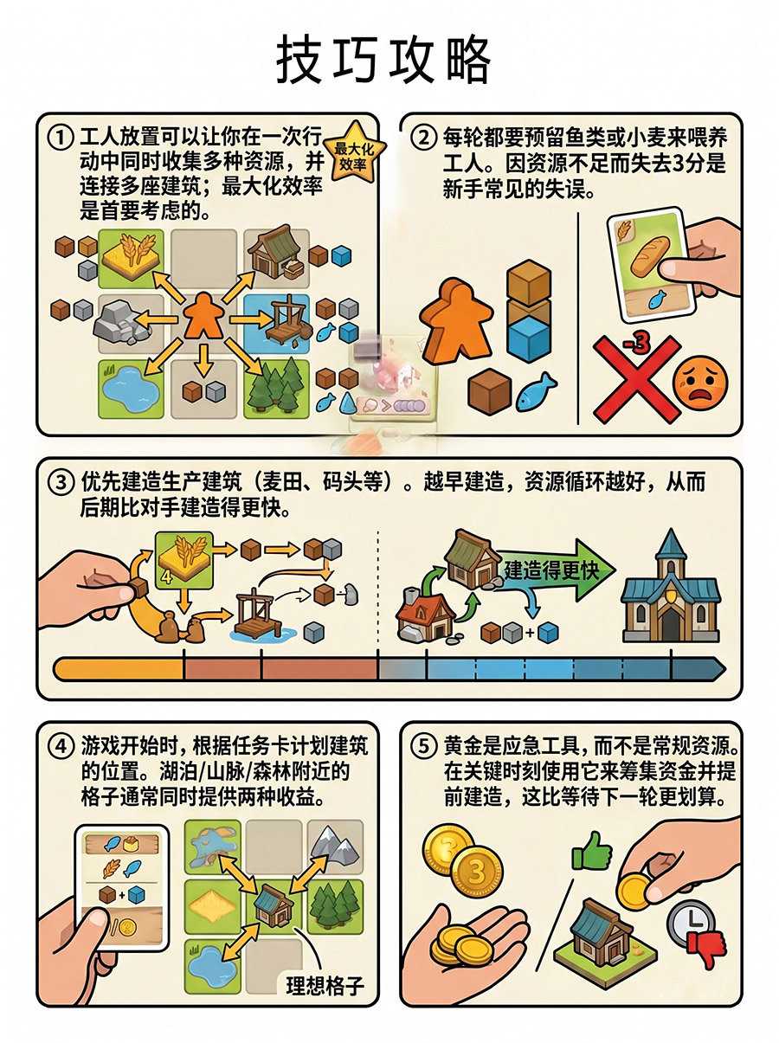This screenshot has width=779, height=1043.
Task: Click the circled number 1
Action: point(60,138)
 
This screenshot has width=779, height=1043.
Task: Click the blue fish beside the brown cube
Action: point(536,391)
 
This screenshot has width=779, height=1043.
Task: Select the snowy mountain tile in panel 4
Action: point(333,847)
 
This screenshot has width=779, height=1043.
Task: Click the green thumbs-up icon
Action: point(591,853)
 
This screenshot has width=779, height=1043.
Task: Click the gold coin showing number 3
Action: point(475,871)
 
